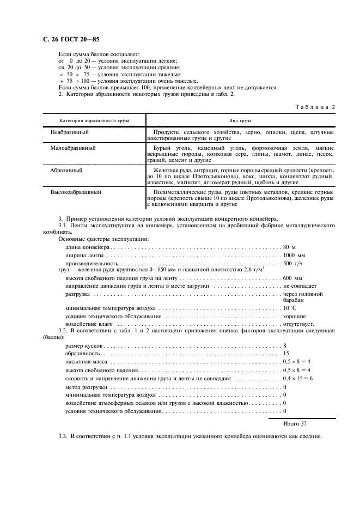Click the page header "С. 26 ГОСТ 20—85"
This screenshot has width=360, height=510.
click(70, 40)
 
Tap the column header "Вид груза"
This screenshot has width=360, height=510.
click(240, 120)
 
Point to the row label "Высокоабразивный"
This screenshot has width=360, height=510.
click(75, 192)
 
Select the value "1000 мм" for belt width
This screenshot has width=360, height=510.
click(295, 255)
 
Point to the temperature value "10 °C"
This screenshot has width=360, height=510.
click(290, 308)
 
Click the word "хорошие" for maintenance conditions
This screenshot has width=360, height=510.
click(294, 316)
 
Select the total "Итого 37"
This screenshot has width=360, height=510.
click(295, 423)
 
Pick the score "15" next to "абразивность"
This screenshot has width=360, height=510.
click(286, 354)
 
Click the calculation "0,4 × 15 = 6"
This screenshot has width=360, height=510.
click(297, 378)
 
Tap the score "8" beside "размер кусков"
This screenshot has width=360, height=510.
click(285, 346)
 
